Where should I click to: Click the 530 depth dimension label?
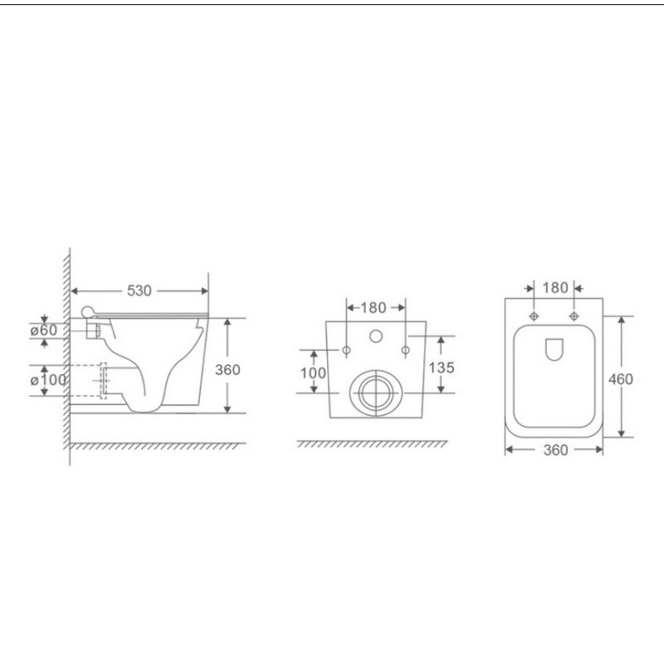pos(139,291)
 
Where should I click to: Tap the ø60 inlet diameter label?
pos(44,330)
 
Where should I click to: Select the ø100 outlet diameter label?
pos(48,380)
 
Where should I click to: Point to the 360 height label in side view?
pos(227,369)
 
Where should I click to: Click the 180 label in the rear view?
pos(373,308)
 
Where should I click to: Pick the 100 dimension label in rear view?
pos(313,373)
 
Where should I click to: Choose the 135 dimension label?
pos(442,368)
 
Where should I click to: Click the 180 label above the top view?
pos(555,288)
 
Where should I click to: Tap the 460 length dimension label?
pos(620,379)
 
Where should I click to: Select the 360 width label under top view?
pos(555,450)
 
